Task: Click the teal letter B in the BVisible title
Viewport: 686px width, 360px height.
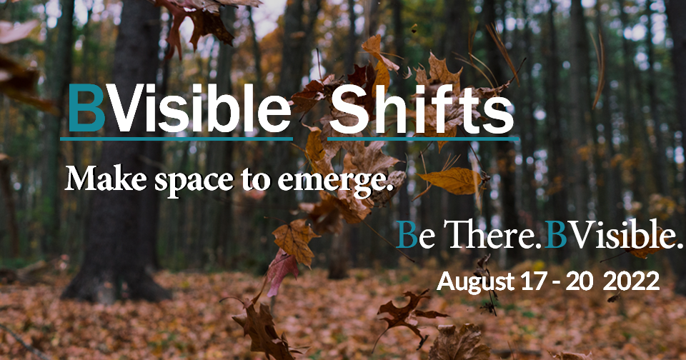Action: click(86, 108)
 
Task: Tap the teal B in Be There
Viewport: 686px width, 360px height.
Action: click(407, 234)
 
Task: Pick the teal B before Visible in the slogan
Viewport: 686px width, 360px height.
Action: click(556, 234)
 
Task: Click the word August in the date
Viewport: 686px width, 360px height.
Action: click(476, 282)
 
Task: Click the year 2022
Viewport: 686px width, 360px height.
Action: click(631, 281)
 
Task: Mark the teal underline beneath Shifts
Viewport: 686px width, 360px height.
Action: click(423, 139)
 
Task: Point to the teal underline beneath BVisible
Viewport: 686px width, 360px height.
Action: click(177, 139)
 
